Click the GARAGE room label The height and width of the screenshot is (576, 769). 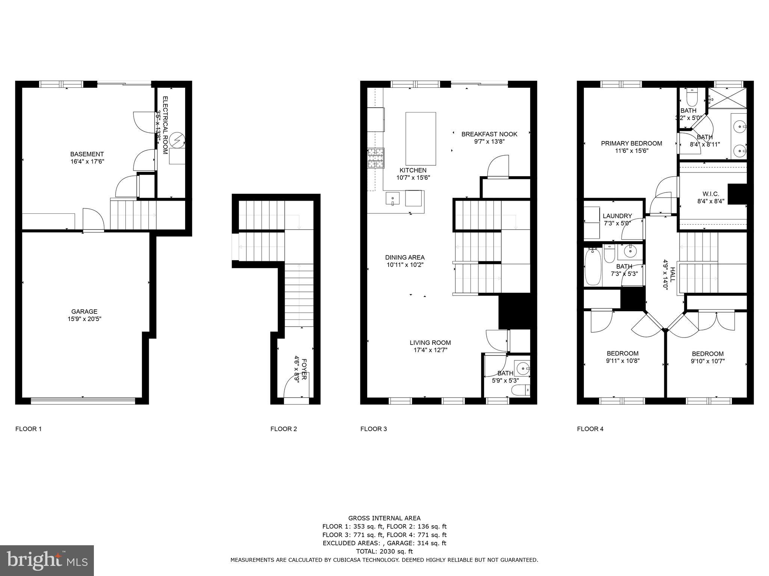(84, 311)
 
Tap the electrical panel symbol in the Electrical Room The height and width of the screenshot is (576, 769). (176, 141)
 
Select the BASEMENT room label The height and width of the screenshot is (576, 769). (87, 154)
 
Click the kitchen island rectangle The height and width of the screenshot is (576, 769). (421, 138)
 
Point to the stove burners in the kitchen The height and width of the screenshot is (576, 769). (376, 158)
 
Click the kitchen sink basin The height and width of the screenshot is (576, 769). (393, 198)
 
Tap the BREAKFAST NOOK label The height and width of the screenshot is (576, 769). (489, 134)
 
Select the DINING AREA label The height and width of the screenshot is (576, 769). (404, 257)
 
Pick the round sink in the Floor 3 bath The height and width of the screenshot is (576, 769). (522, 369)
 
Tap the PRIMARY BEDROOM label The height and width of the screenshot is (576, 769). (631, 143)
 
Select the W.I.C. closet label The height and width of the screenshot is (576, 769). (710, 194)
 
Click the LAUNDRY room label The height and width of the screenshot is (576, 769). (617, 216)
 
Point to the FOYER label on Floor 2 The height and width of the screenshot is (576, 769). (304, 369)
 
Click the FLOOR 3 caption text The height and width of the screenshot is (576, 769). (373, 429)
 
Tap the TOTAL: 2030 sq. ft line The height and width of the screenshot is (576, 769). (384, 551)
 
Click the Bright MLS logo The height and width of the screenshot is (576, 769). (47, 560)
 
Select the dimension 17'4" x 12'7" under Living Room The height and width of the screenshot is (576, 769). (430, 350)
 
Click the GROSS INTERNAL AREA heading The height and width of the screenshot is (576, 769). (384, 518)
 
